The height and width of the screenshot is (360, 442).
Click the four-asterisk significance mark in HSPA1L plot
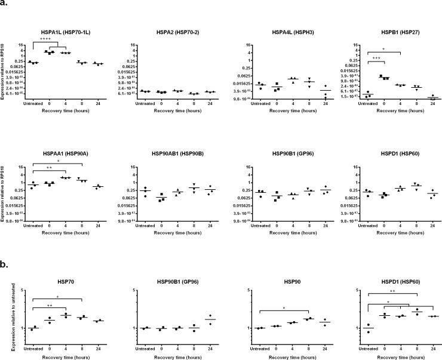(44, 39)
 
